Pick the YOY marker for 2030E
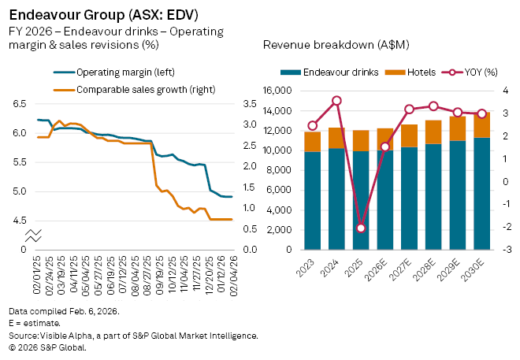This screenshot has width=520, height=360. tap(482, 113)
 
